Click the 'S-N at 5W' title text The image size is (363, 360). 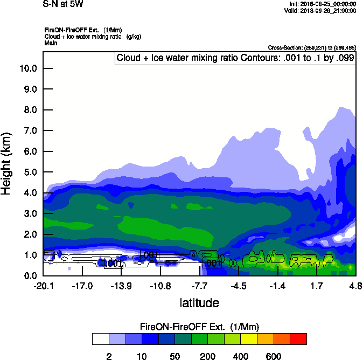[63, 5]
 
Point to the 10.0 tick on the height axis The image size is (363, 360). [28, 68]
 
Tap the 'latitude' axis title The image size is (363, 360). [199, 303]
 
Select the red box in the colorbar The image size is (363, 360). [298, 338]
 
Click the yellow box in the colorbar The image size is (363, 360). [249, 338]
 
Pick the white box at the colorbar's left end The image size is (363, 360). [100, 338]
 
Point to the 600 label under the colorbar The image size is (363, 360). [274, 357]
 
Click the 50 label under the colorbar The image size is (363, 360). [174, 357]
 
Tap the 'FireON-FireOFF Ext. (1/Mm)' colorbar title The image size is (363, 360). [199, 327]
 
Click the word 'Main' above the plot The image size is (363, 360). [51, 43]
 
